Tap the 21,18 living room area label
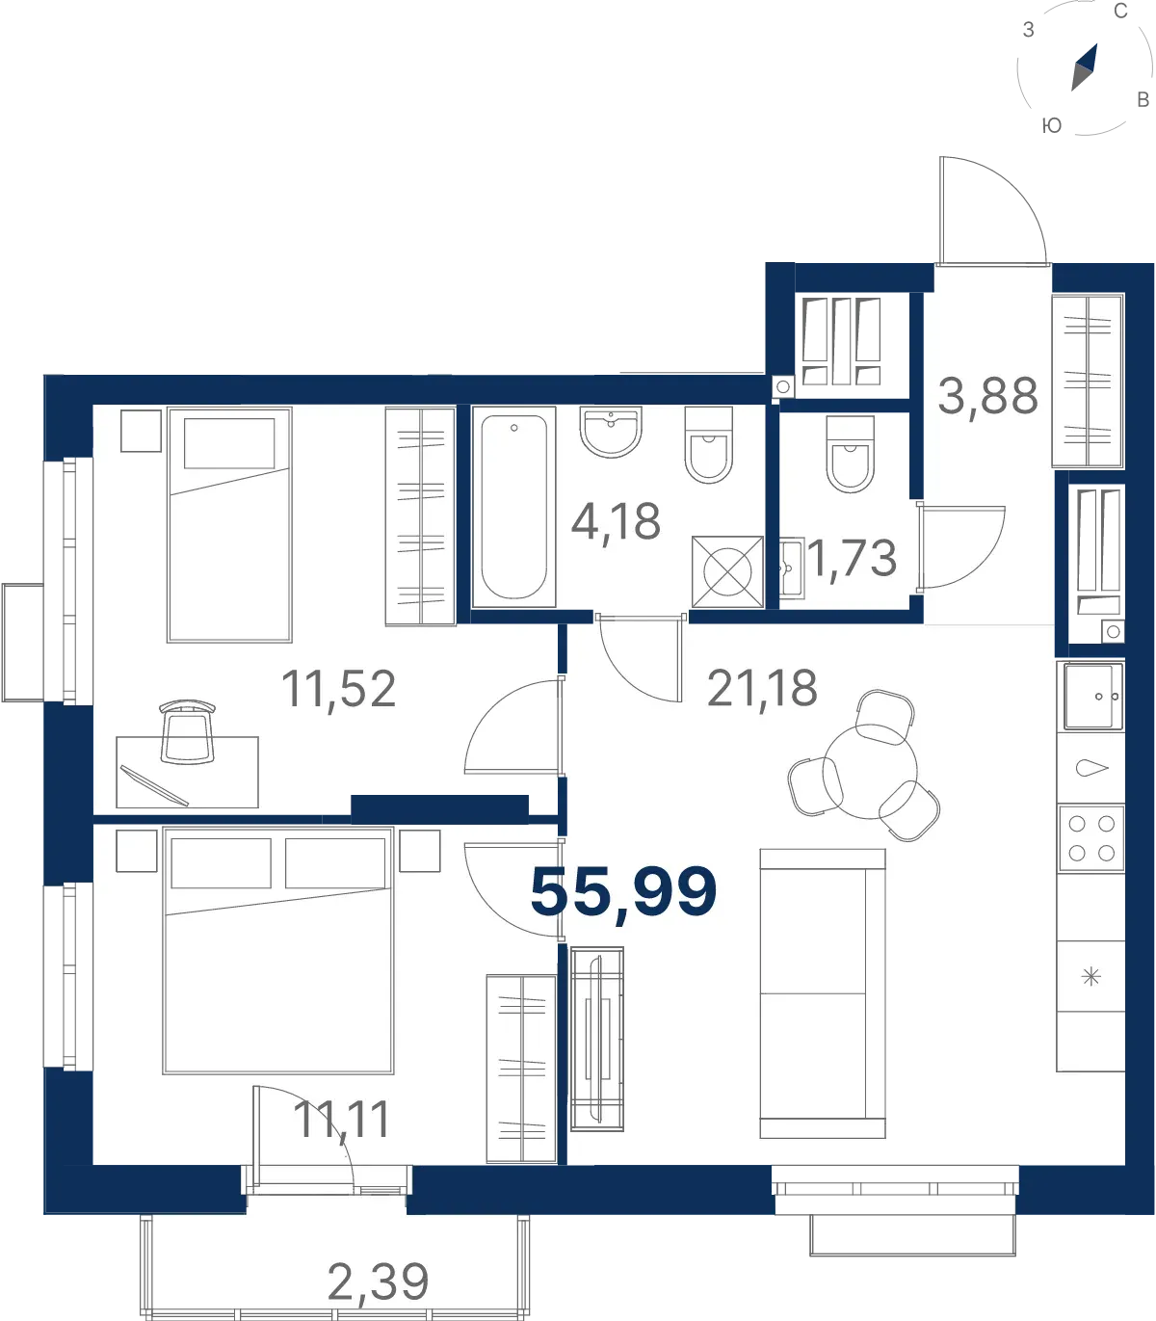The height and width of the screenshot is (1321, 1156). [x=762, y=690]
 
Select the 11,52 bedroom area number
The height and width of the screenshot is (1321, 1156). [x=339, y=690]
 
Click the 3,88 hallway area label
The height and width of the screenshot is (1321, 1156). [x=988, y=397]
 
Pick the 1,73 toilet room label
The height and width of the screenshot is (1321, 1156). [x=852, y=560]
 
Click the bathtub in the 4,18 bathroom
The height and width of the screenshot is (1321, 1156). [x=513, y=507]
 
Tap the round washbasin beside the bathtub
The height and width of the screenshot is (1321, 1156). [x=611, y=432]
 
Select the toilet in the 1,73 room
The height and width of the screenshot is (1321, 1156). [x=850, y=455]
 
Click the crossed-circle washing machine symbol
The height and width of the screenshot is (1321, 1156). [x=727, y=572]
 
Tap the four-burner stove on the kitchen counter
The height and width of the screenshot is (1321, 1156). [x=1091, y=838]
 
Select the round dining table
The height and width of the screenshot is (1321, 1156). [x=870, y=772]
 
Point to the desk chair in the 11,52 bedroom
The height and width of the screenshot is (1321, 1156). [x=187, y=732]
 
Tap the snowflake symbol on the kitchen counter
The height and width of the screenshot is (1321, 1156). [x=1090, y=976]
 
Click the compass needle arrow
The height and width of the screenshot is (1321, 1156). [x=1085, y=67]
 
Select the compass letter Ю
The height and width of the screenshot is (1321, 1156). [x=1052, y=125]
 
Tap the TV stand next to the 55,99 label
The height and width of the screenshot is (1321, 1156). [x=597, y=1039]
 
